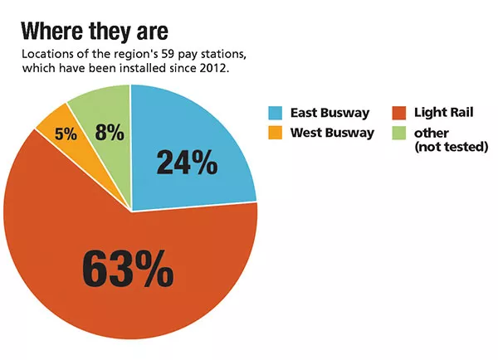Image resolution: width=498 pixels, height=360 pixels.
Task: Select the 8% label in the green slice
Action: (x=109, y=132)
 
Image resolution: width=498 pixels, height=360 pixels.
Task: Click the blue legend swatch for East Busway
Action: (x=275, y=112)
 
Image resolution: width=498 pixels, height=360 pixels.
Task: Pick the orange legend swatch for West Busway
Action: (x=275, y=133)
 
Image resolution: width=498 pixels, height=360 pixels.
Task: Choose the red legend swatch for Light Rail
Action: (x=398, y=112)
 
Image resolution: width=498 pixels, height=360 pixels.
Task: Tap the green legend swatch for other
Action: (x=398, y=133)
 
